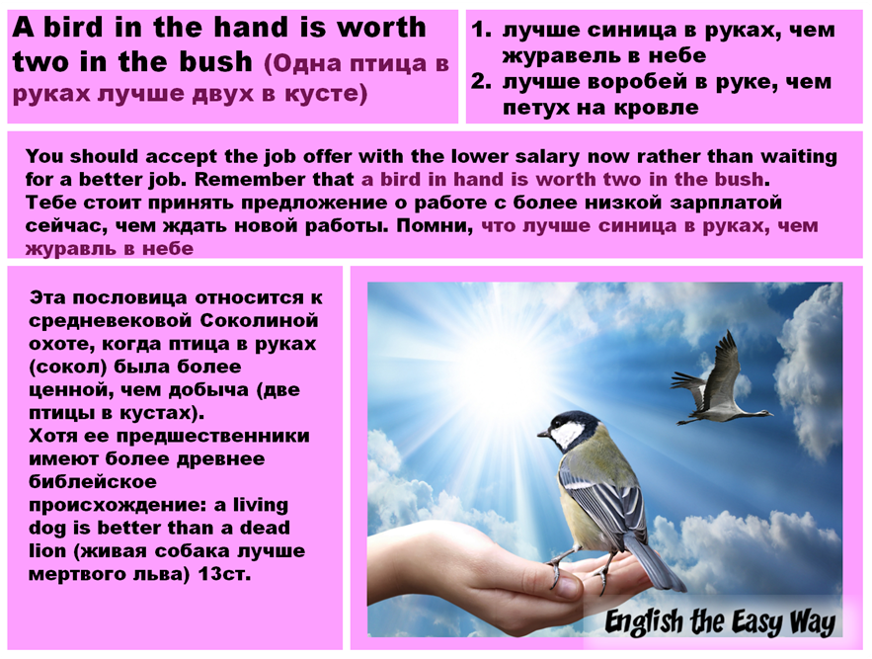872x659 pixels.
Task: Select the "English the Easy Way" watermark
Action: coord(720,621)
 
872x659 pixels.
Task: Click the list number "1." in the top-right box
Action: coord(481,30)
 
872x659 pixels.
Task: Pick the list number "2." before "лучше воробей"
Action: coord(481,81)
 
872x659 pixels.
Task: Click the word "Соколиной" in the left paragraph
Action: coord(261,320)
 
